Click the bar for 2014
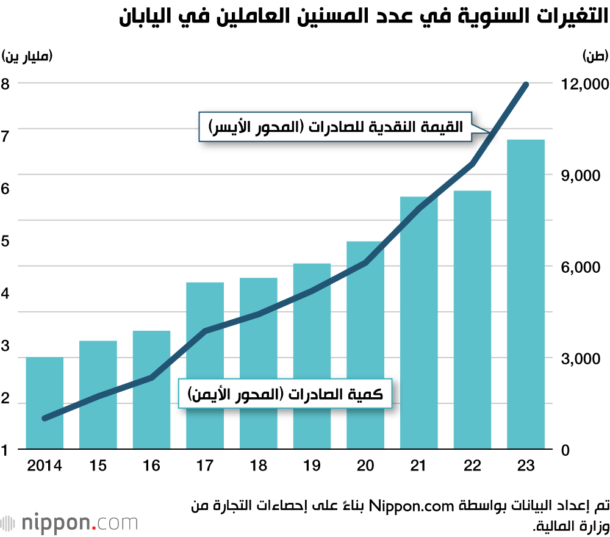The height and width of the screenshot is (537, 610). (45, 403)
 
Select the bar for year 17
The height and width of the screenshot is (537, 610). (205, 366)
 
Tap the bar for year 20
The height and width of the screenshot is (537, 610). (365, 345)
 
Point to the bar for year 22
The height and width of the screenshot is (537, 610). (472, 320)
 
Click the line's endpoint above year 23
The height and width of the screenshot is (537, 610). (526, 84)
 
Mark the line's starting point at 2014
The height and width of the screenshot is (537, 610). (45, 418)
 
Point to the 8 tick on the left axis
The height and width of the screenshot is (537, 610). (5, 84)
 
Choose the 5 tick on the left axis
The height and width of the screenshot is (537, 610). (5, 241)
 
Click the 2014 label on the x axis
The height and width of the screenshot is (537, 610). (45, 466)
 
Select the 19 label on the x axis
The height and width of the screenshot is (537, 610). (312, 466)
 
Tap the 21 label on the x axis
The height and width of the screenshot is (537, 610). (418, 466)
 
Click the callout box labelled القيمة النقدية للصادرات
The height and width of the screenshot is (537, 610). (335, 127)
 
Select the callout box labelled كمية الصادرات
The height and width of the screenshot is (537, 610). (284, 394)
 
